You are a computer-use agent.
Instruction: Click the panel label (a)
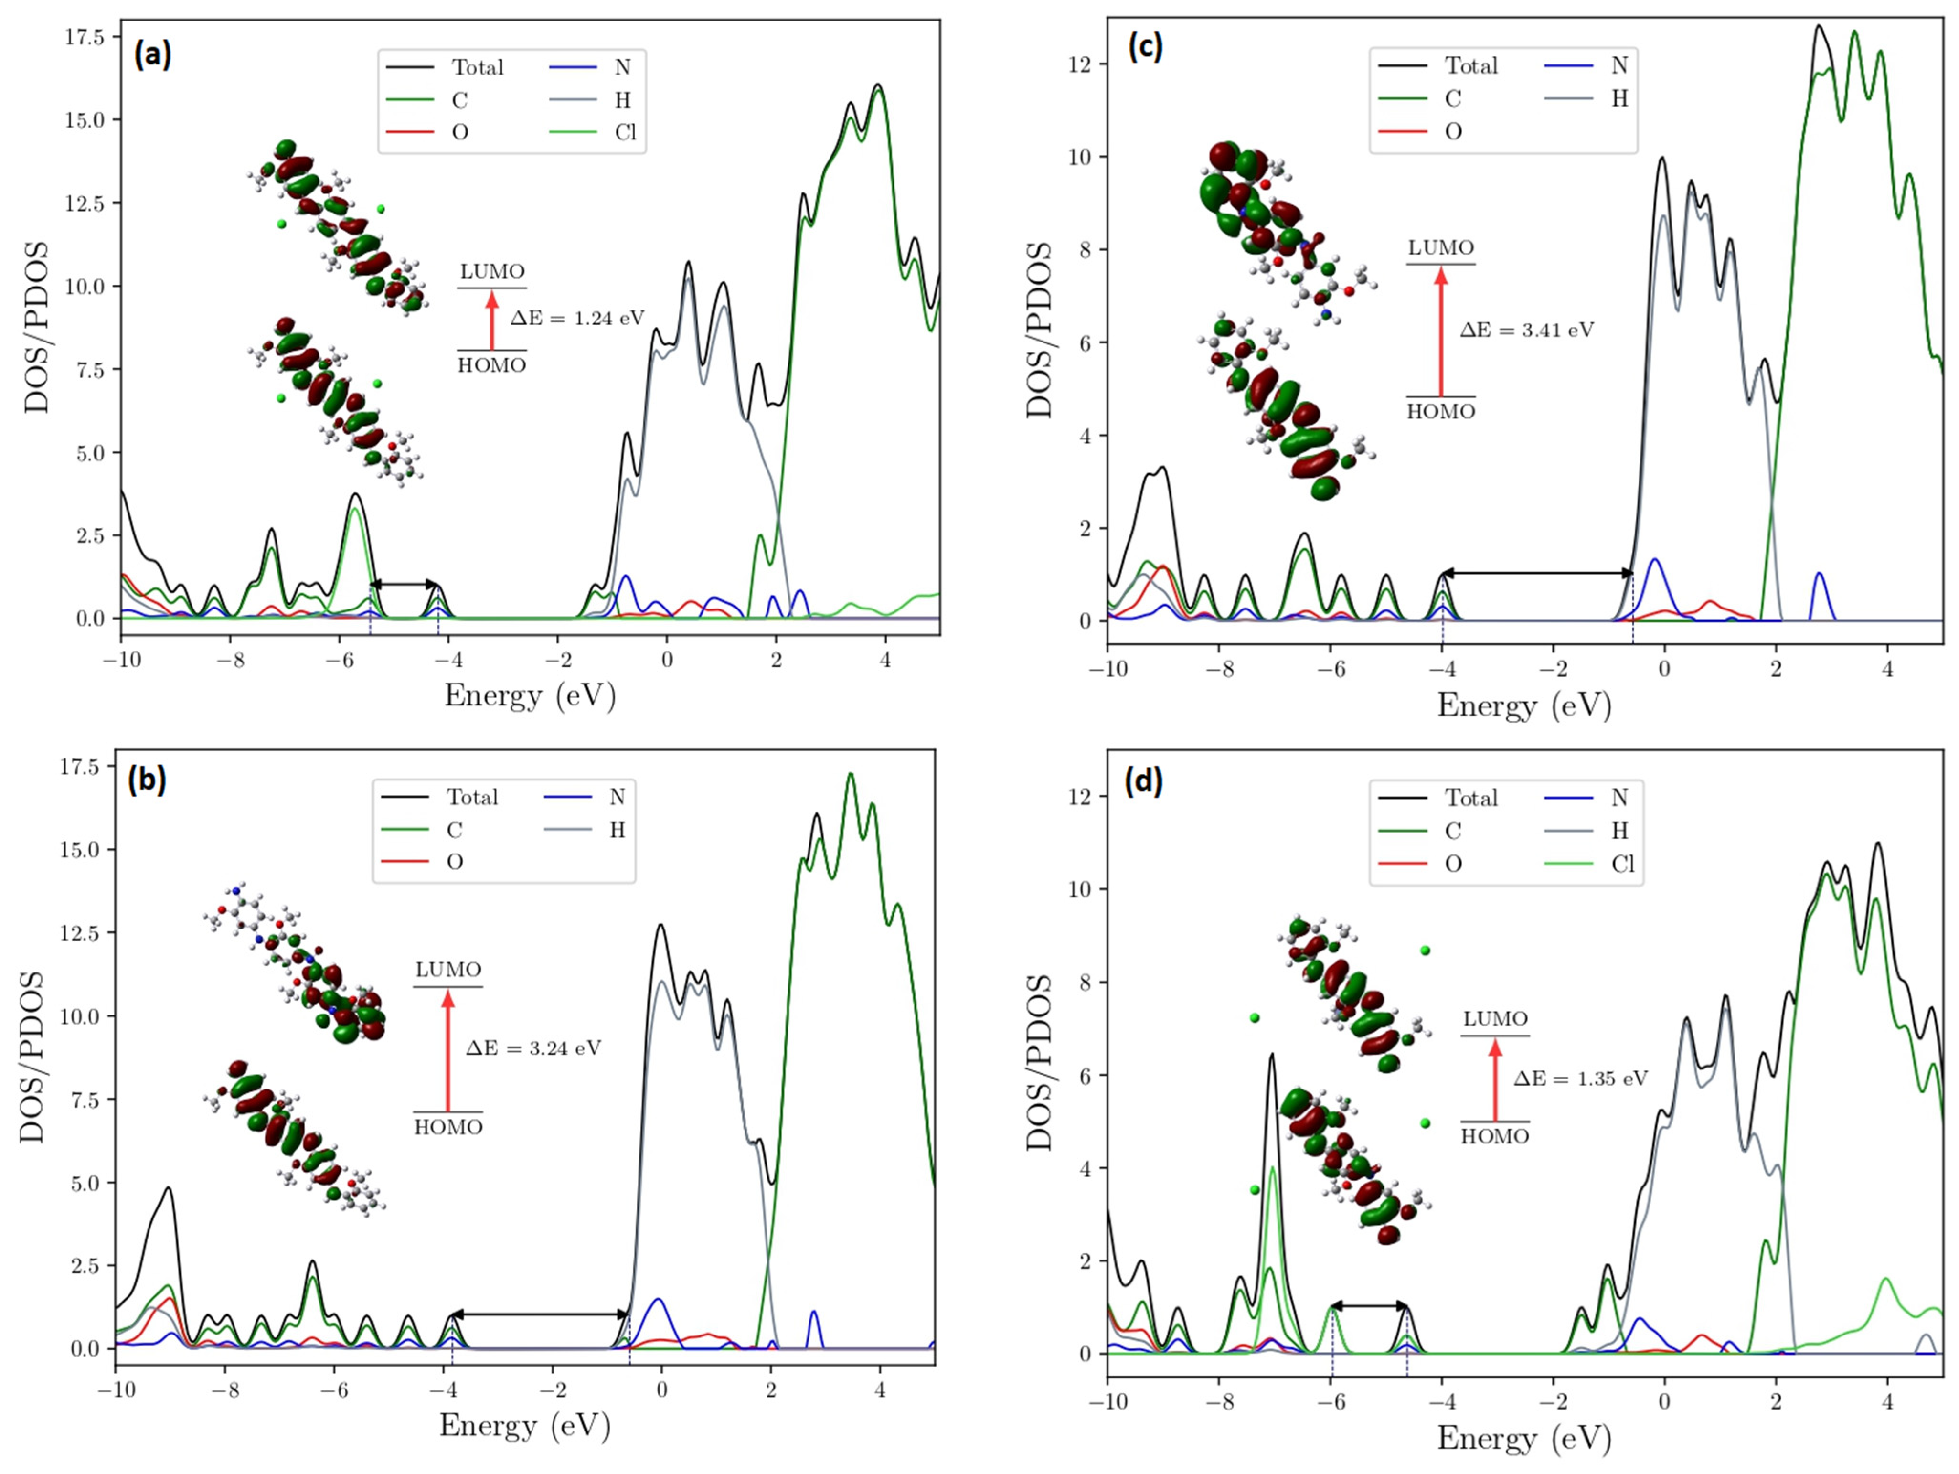[x=152, y=55]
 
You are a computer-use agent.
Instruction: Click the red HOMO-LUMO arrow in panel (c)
[x=1441, y=331]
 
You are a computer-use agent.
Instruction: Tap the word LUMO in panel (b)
[x=448, y=970]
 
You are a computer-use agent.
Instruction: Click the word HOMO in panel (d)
[x=1495, y=1136]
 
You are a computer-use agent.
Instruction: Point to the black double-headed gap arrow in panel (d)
[x=1369, y=1306]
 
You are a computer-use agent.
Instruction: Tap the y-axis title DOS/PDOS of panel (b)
[x=32, y=1057]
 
